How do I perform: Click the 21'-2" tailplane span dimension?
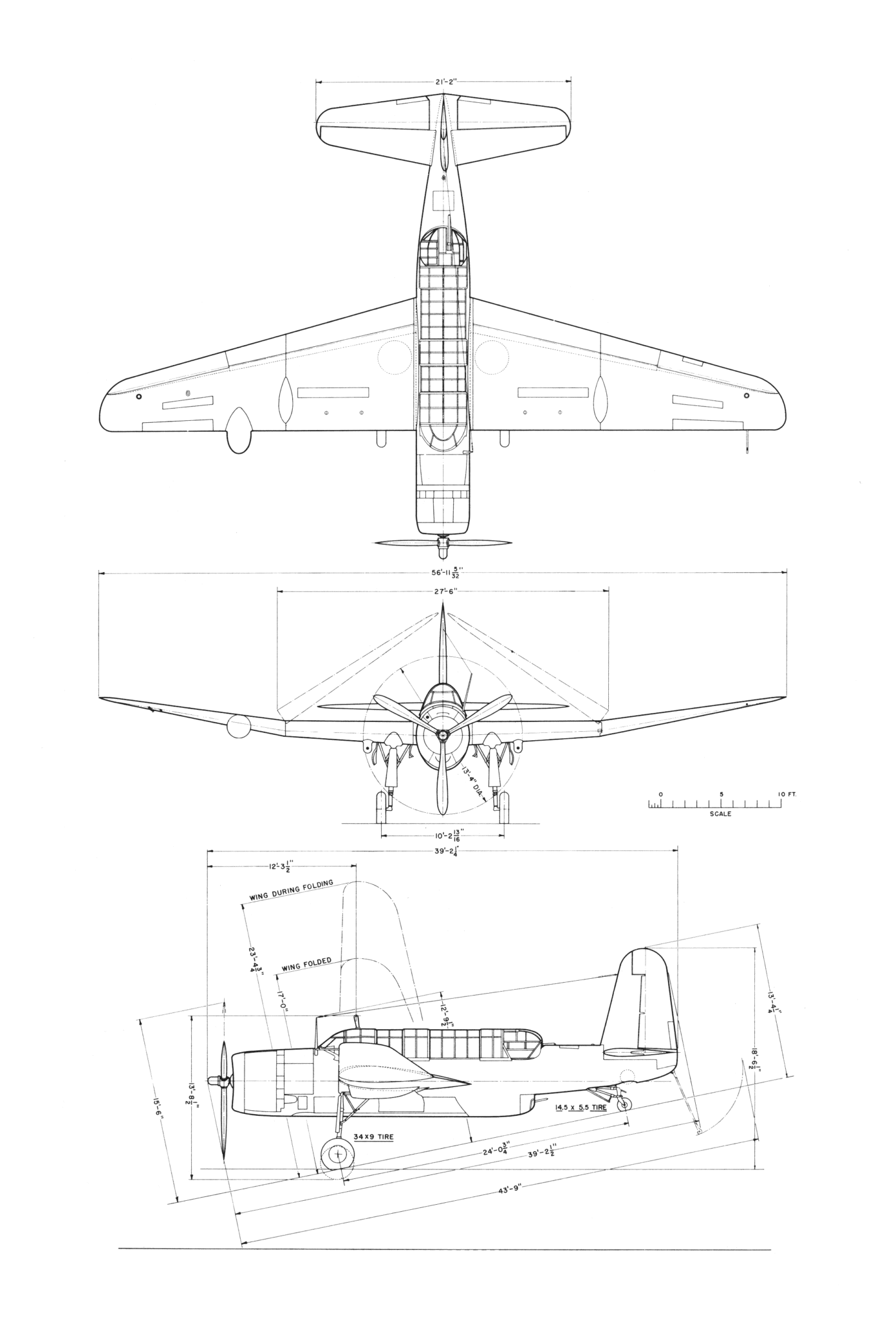(443, 82)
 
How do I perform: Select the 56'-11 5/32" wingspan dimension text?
(443, 573)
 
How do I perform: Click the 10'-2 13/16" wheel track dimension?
(442, 837)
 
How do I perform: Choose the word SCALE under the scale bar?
(720, 813)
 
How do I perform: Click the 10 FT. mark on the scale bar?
(787, 794)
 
